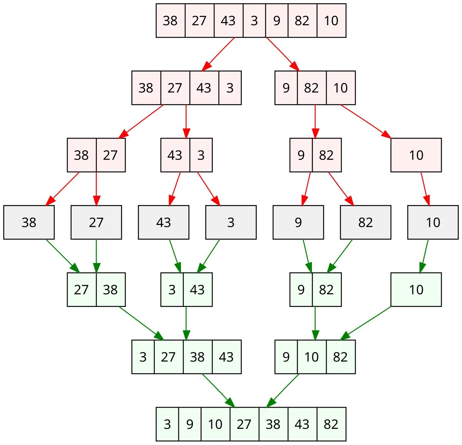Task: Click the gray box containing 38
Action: click(x=29, y=222)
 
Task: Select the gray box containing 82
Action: click(x=365, y=222)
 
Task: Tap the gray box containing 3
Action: click(x=231, y=222)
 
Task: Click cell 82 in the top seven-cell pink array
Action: click(x=302, y=21)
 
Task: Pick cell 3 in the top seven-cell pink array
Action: click(x=254, y=21)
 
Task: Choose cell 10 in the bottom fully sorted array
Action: click(x=215, y=424)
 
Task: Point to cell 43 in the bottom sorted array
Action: click(x=302, y=424)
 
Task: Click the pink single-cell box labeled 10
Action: click(x=416, y=155)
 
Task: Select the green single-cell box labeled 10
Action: click(x=416, y=290)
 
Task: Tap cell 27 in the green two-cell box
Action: click(x=82, y=290)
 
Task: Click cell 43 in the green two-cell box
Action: click(x=198, y=290)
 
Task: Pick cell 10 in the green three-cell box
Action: click(x=311, y=357)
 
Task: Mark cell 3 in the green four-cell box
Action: click(x=143, y=357)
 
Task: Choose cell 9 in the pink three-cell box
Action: click(x=286, y=88)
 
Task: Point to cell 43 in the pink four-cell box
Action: click(x=204, y=88)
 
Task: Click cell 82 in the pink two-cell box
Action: click(x=326, y=155)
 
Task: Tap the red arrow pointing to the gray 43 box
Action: click(x=176, y=188)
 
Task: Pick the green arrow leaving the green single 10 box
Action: click(x=366, y=323)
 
